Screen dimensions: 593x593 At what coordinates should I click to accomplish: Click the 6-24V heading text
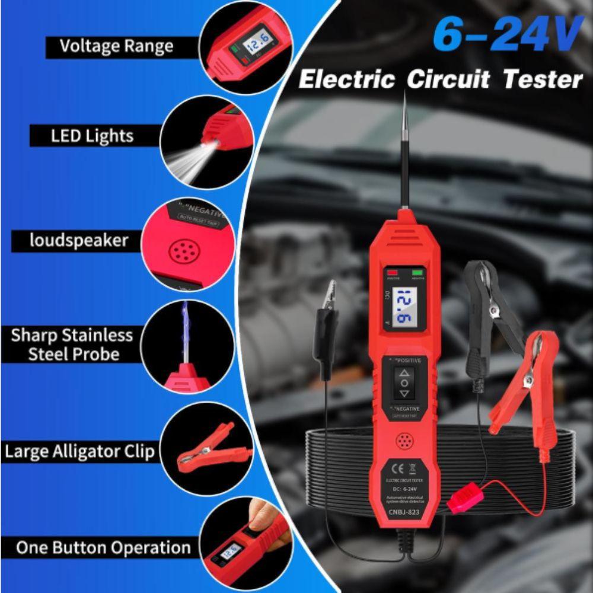[507, 36]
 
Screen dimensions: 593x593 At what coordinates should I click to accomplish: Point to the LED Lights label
[92, 136]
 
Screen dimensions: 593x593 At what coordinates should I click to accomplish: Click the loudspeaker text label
[71, 241]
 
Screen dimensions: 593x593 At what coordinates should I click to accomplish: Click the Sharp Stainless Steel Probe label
[72, 345]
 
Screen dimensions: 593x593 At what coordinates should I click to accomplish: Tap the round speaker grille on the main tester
[405, 441]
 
